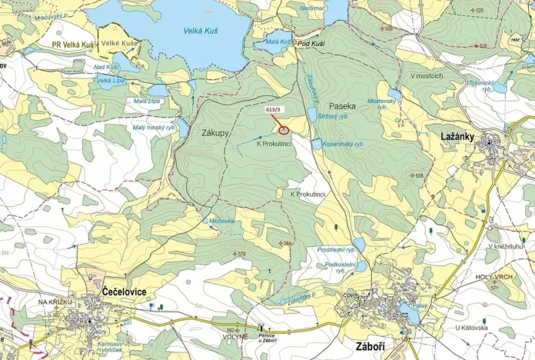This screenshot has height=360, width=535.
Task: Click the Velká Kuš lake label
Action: pyautogui.click(x=198, y=30)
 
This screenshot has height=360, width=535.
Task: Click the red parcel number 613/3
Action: pyautogui.click(x=273, y=110)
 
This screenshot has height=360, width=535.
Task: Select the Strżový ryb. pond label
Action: pyautogui.click(x=333, y=116)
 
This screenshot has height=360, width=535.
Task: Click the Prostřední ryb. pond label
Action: pyautogui.click(x=336, y=250)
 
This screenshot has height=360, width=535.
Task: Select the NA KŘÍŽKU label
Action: pyautogui.click(x=55, y=302)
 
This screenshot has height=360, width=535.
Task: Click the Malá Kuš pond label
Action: pyautogui.click(x=278, y=41)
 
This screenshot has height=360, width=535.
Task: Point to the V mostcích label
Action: pyautogui.click(x=427, y=76)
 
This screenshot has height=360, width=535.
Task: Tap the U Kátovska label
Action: pyautogui.click(x=471, y=328)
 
